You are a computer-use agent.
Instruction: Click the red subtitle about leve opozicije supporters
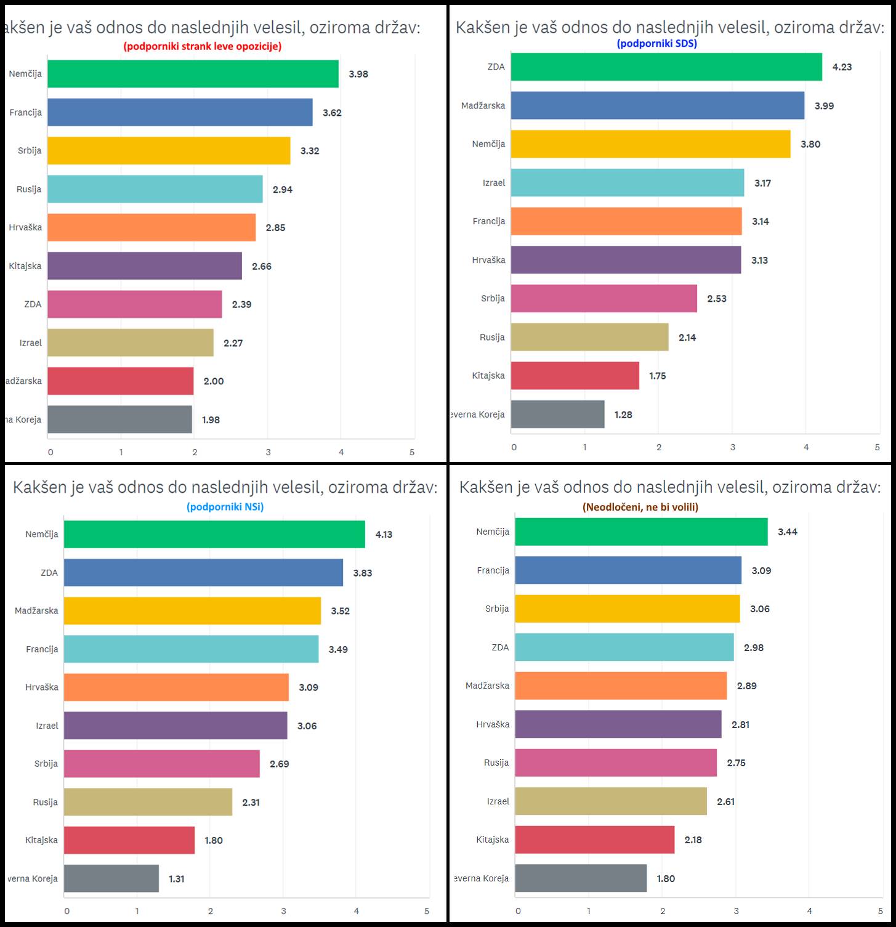(x=202, y=46)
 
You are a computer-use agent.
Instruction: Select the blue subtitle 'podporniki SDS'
(x=656, y=43)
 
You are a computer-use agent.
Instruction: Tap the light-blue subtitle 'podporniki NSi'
(x=225, y=507)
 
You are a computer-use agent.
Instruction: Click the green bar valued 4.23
(x=666, y=67)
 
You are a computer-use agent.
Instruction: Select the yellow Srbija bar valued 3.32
(x=169, y=151)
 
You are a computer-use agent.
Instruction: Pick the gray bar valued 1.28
(x=557, y=415)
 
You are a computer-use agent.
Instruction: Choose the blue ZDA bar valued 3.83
(x=203, y=573)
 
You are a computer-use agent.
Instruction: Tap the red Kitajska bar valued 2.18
(x=594, y=840)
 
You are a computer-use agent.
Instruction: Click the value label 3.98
(x=358, y=74)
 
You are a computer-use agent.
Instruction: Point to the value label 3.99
(x=824, y=106)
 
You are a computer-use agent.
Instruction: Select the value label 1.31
(x=177, y=879)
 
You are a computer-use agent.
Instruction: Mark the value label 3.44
(x=788, y=532)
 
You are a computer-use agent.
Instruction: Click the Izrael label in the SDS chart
(x=494, y=183)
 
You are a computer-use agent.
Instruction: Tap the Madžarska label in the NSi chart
(x=36, y=610)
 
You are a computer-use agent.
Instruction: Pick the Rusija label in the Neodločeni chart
(x=496, y=763)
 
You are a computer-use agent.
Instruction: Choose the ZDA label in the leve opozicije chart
(x=33, y=304)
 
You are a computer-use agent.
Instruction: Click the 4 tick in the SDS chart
(x=806, y=447)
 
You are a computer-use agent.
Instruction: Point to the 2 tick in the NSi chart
(x=210, y=911)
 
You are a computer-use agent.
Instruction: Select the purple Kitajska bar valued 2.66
(x=145, y=266)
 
